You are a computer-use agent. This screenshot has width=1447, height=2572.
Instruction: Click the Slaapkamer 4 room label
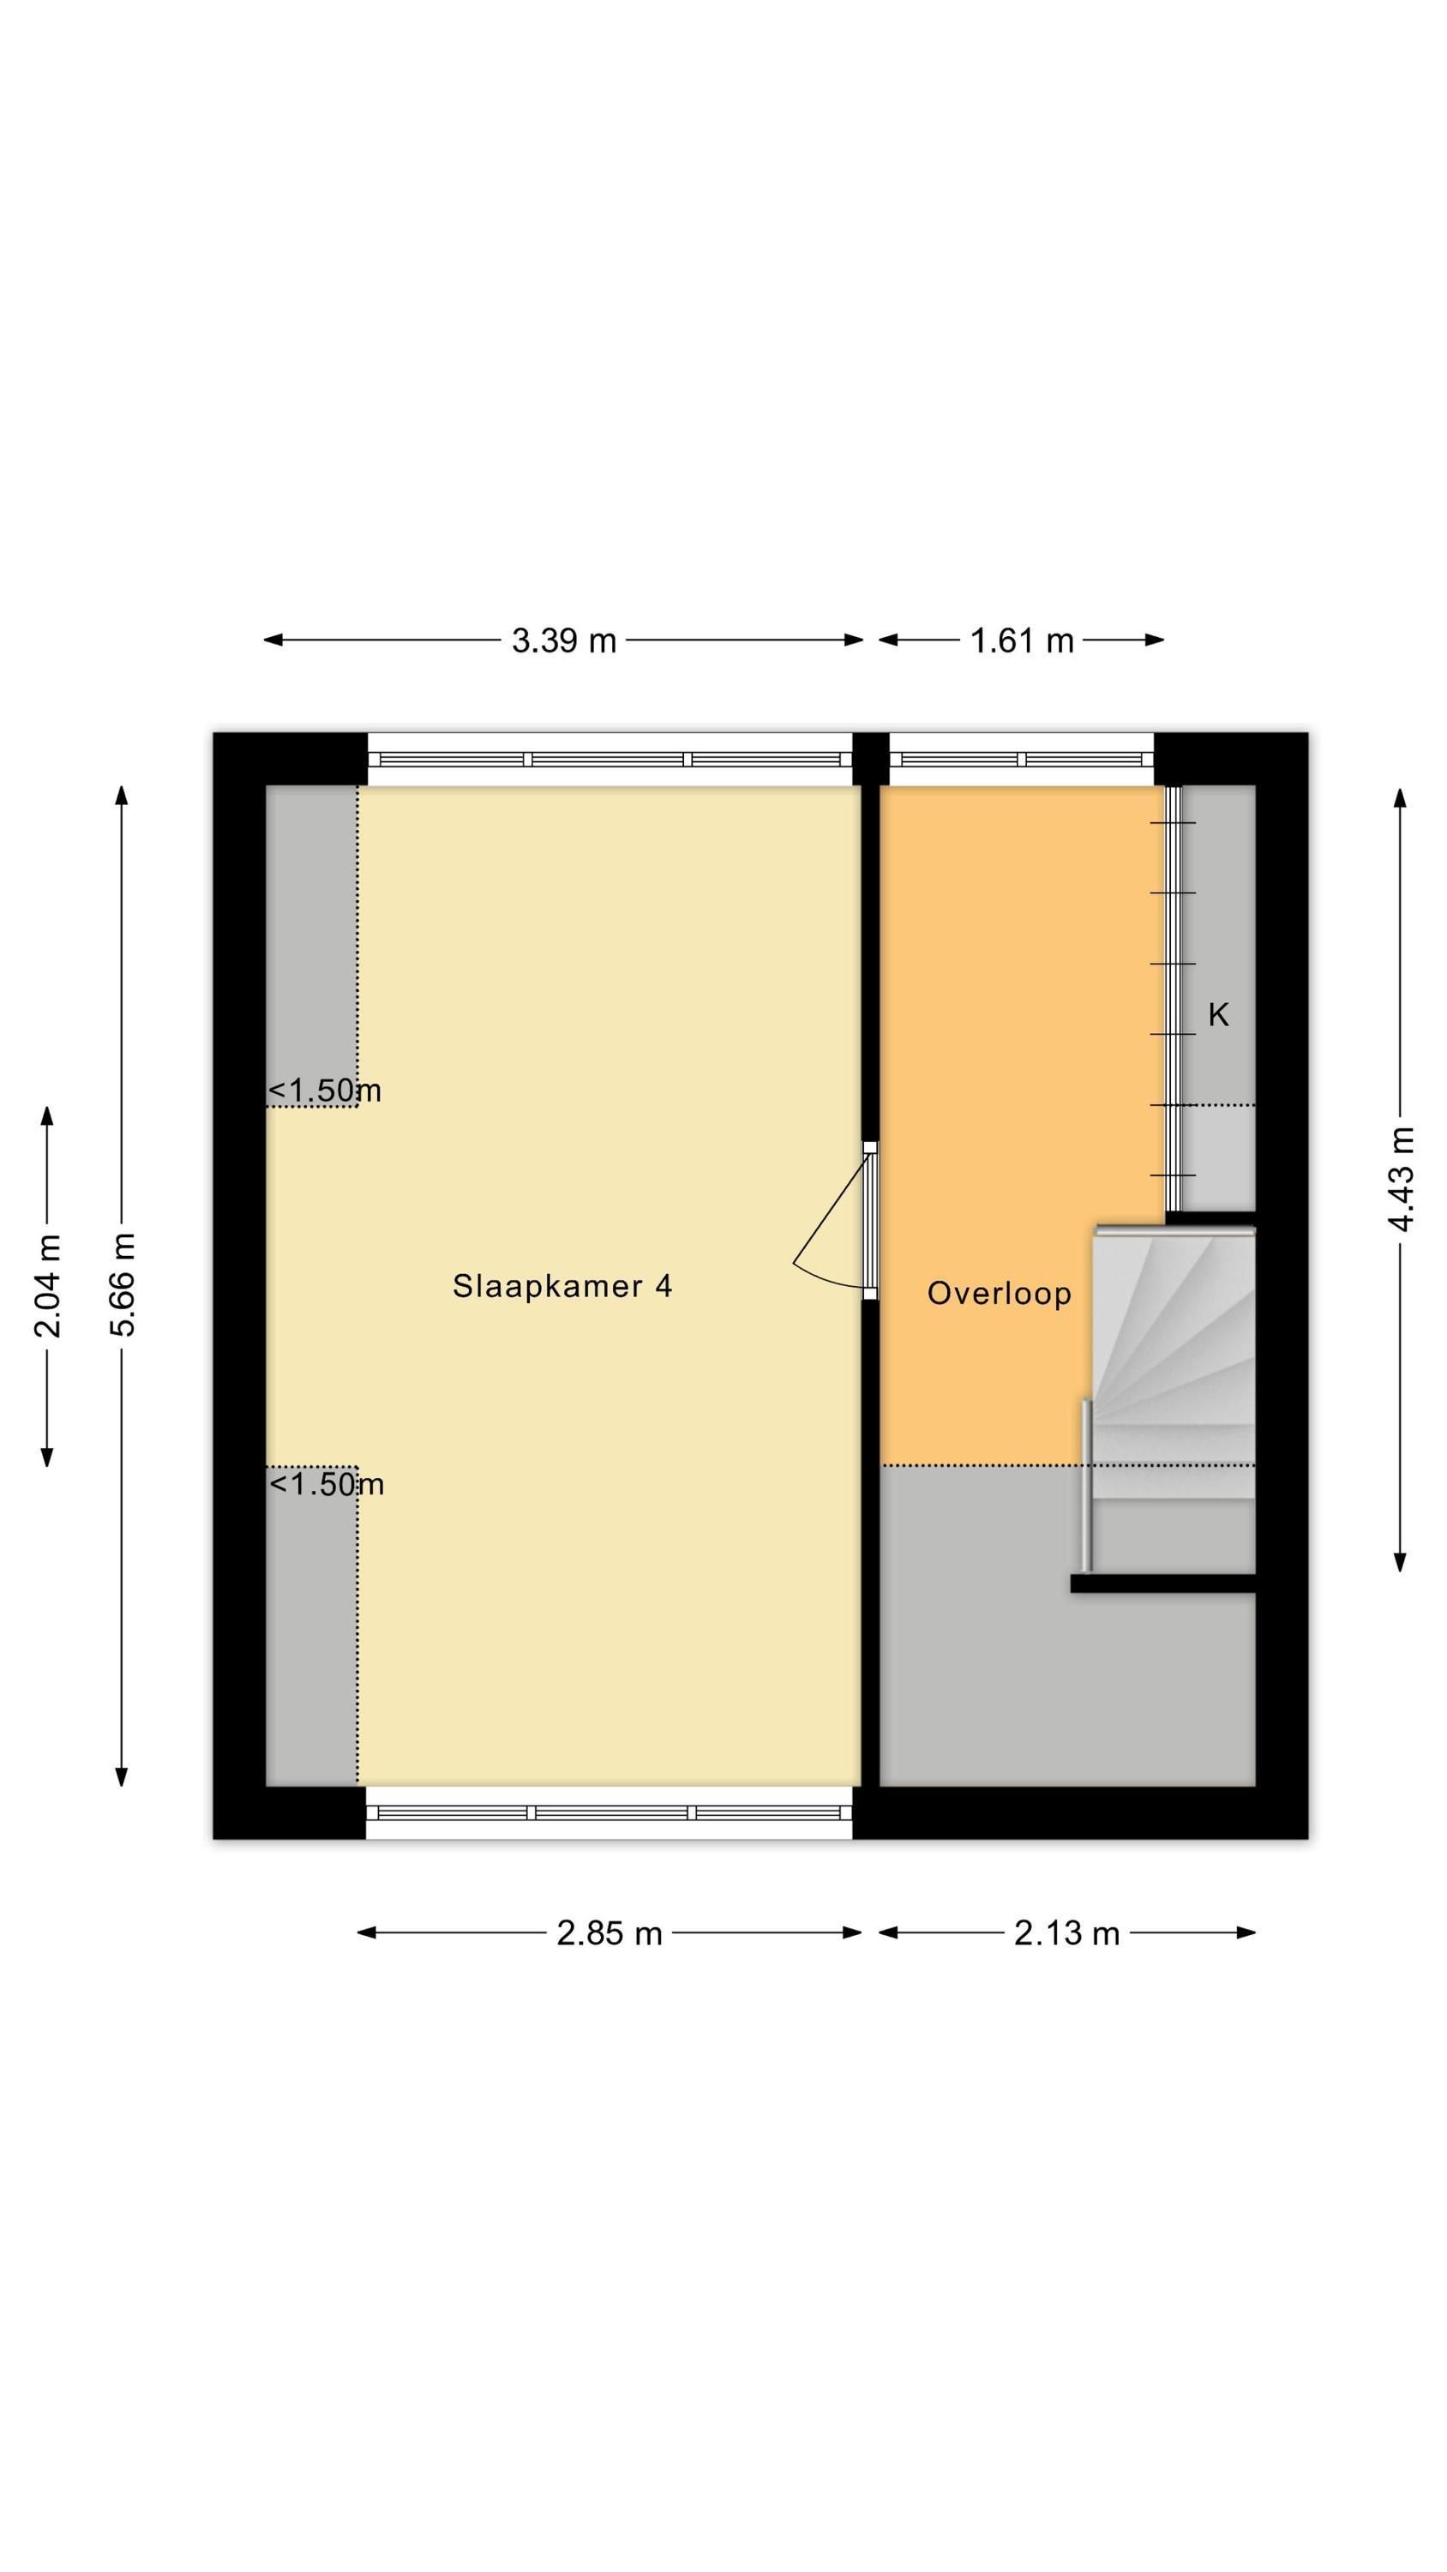point(562,1285)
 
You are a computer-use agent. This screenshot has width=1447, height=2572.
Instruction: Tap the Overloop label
point(999,1293)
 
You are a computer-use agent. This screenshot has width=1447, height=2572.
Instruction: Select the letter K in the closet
point(1218,1015)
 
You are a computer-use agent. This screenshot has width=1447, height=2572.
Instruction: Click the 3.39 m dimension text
point(563,640)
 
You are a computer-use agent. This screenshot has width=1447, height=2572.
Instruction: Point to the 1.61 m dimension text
point(1022,640)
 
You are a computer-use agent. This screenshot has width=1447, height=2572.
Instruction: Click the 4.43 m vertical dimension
point(1401,1179)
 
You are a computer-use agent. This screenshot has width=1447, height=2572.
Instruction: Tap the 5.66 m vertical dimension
point(122,1284)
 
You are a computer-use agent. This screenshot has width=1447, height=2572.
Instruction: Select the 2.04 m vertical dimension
point(47,1285)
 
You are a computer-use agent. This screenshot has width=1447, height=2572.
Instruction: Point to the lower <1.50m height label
point(327,1484)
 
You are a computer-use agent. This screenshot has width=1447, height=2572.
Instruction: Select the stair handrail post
point(1086,1485)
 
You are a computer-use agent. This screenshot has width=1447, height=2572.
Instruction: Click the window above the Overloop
point(1022,760)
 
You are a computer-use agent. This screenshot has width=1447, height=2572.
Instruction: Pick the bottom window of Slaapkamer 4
point(609,1812)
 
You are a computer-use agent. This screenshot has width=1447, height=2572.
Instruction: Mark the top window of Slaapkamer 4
point(610,760)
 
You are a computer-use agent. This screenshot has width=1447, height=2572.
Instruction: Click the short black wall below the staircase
point(1162,1583)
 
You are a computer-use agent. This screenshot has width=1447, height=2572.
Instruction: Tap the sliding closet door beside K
point(1174,999)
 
